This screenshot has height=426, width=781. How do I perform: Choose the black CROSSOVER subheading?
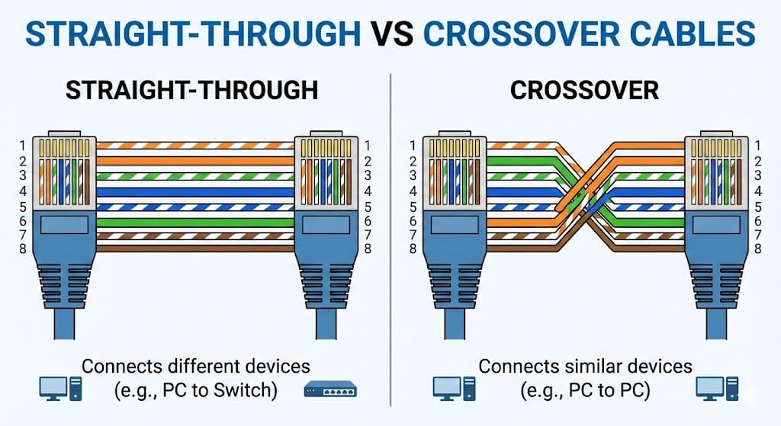(583, 90)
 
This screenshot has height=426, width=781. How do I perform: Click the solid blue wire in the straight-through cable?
(194, 191)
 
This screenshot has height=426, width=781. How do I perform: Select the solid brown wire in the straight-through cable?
(194, 248)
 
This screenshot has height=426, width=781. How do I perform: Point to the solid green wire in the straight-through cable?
(194, 221)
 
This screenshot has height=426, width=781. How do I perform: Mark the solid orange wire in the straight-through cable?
(194, 161)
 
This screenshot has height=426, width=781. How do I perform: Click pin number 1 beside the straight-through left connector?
(23, 146)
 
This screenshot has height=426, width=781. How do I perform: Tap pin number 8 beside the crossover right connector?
(757, 248)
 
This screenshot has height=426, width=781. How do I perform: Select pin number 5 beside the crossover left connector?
(413, 206)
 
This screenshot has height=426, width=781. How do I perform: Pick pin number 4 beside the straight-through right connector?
(368, 191)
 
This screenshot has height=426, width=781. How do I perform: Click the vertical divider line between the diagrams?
(390, 229)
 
